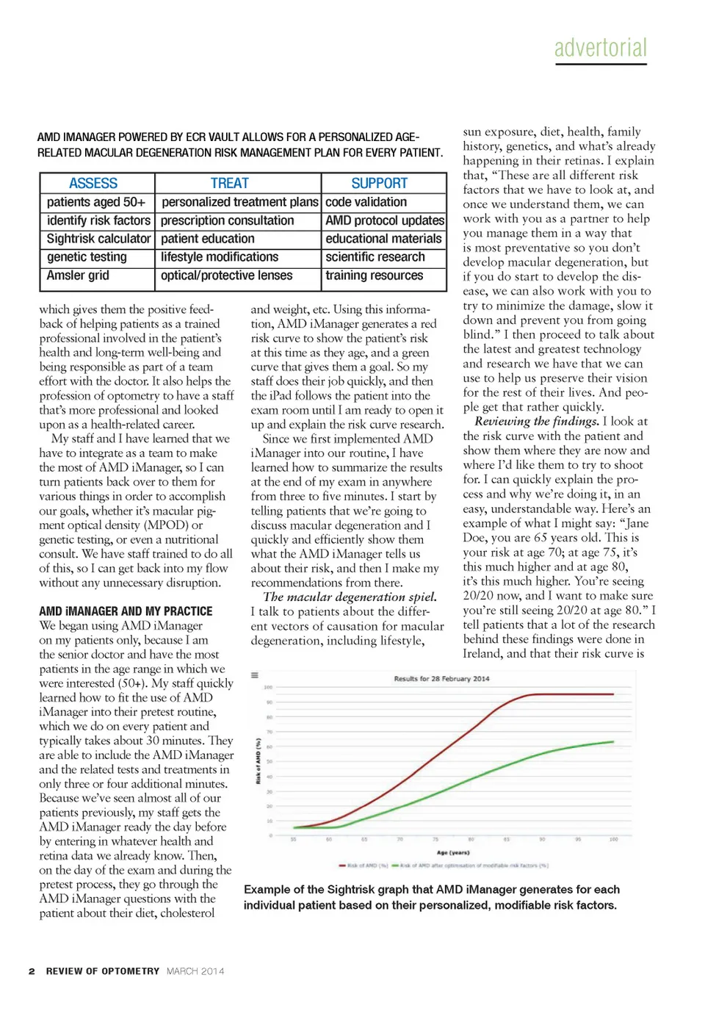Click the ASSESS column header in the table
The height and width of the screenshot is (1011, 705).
[93, 183]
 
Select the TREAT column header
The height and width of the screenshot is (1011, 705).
[229, 183]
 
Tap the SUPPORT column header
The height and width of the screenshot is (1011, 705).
[379, 183]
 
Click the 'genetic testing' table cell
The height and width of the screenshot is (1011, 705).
[87, 257]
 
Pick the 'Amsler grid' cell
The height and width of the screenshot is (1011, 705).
[78, 276]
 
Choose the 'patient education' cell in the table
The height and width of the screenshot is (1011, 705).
[208, 239]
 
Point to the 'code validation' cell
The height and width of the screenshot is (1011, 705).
[366, 202]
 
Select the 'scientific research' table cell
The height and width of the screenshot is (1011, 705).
[375, 257]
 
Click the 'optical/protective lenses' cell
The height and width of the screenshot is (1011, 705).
[226, 276]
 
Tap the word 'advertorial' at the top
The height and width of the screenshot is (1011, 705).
[601, 48]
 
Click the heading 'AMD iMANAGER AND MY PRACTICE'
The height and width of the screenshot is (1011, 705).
[126, 611]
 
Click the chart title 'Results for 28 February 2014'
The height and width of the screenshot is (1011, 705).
[441, 679]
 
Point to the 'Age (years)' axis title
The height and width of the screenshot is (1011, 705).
[453, 852]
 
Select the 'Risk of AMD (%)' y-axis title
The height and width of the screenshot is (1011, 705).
[258, 761]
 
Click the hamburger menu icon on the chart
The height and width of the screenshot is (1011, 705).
[255, 675]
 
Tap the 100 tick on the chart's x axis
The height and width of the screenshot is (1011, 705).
[613, 839]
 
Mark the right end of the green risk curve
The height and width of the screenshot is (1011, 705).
[613, 742]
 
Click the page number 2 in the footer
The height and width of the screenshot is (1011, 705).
[32, 971]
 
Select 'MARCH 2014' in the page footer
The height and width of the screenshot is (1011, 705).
[195, 971]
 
